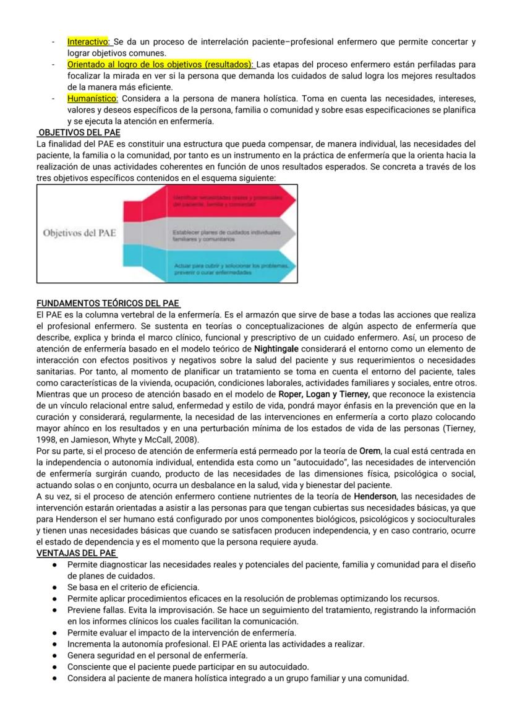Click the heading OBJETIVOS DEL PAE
tap(79, 132)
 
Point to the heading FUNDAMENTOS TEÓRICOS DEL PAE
tap(108, 304)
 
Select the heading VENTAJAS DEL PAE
tap(76, 553)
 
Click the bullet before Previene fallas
tap(55, 610)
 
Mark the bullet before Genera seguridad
tap(55, 655)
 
